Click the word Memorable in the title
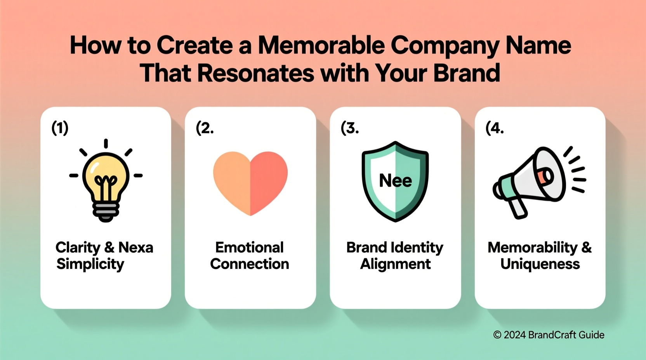coord(321,45)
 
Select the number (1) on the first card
coord(60,128)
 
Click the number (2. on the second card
coord(205,128)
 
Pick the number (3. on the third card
coord(349,128)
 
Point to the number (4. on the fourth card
coord(494,128)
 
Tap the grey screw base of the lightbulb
coord(106,211)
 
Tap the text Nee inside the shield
coord(395,181)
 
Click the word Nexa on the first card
coord(135,247)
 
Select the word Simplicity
coord(90,264)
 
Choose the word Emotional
coord(250,247)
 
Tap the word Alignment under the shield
coord(395,264)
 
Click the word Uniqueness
coord(540,264)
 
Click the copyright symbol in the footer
coord(497,335)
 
